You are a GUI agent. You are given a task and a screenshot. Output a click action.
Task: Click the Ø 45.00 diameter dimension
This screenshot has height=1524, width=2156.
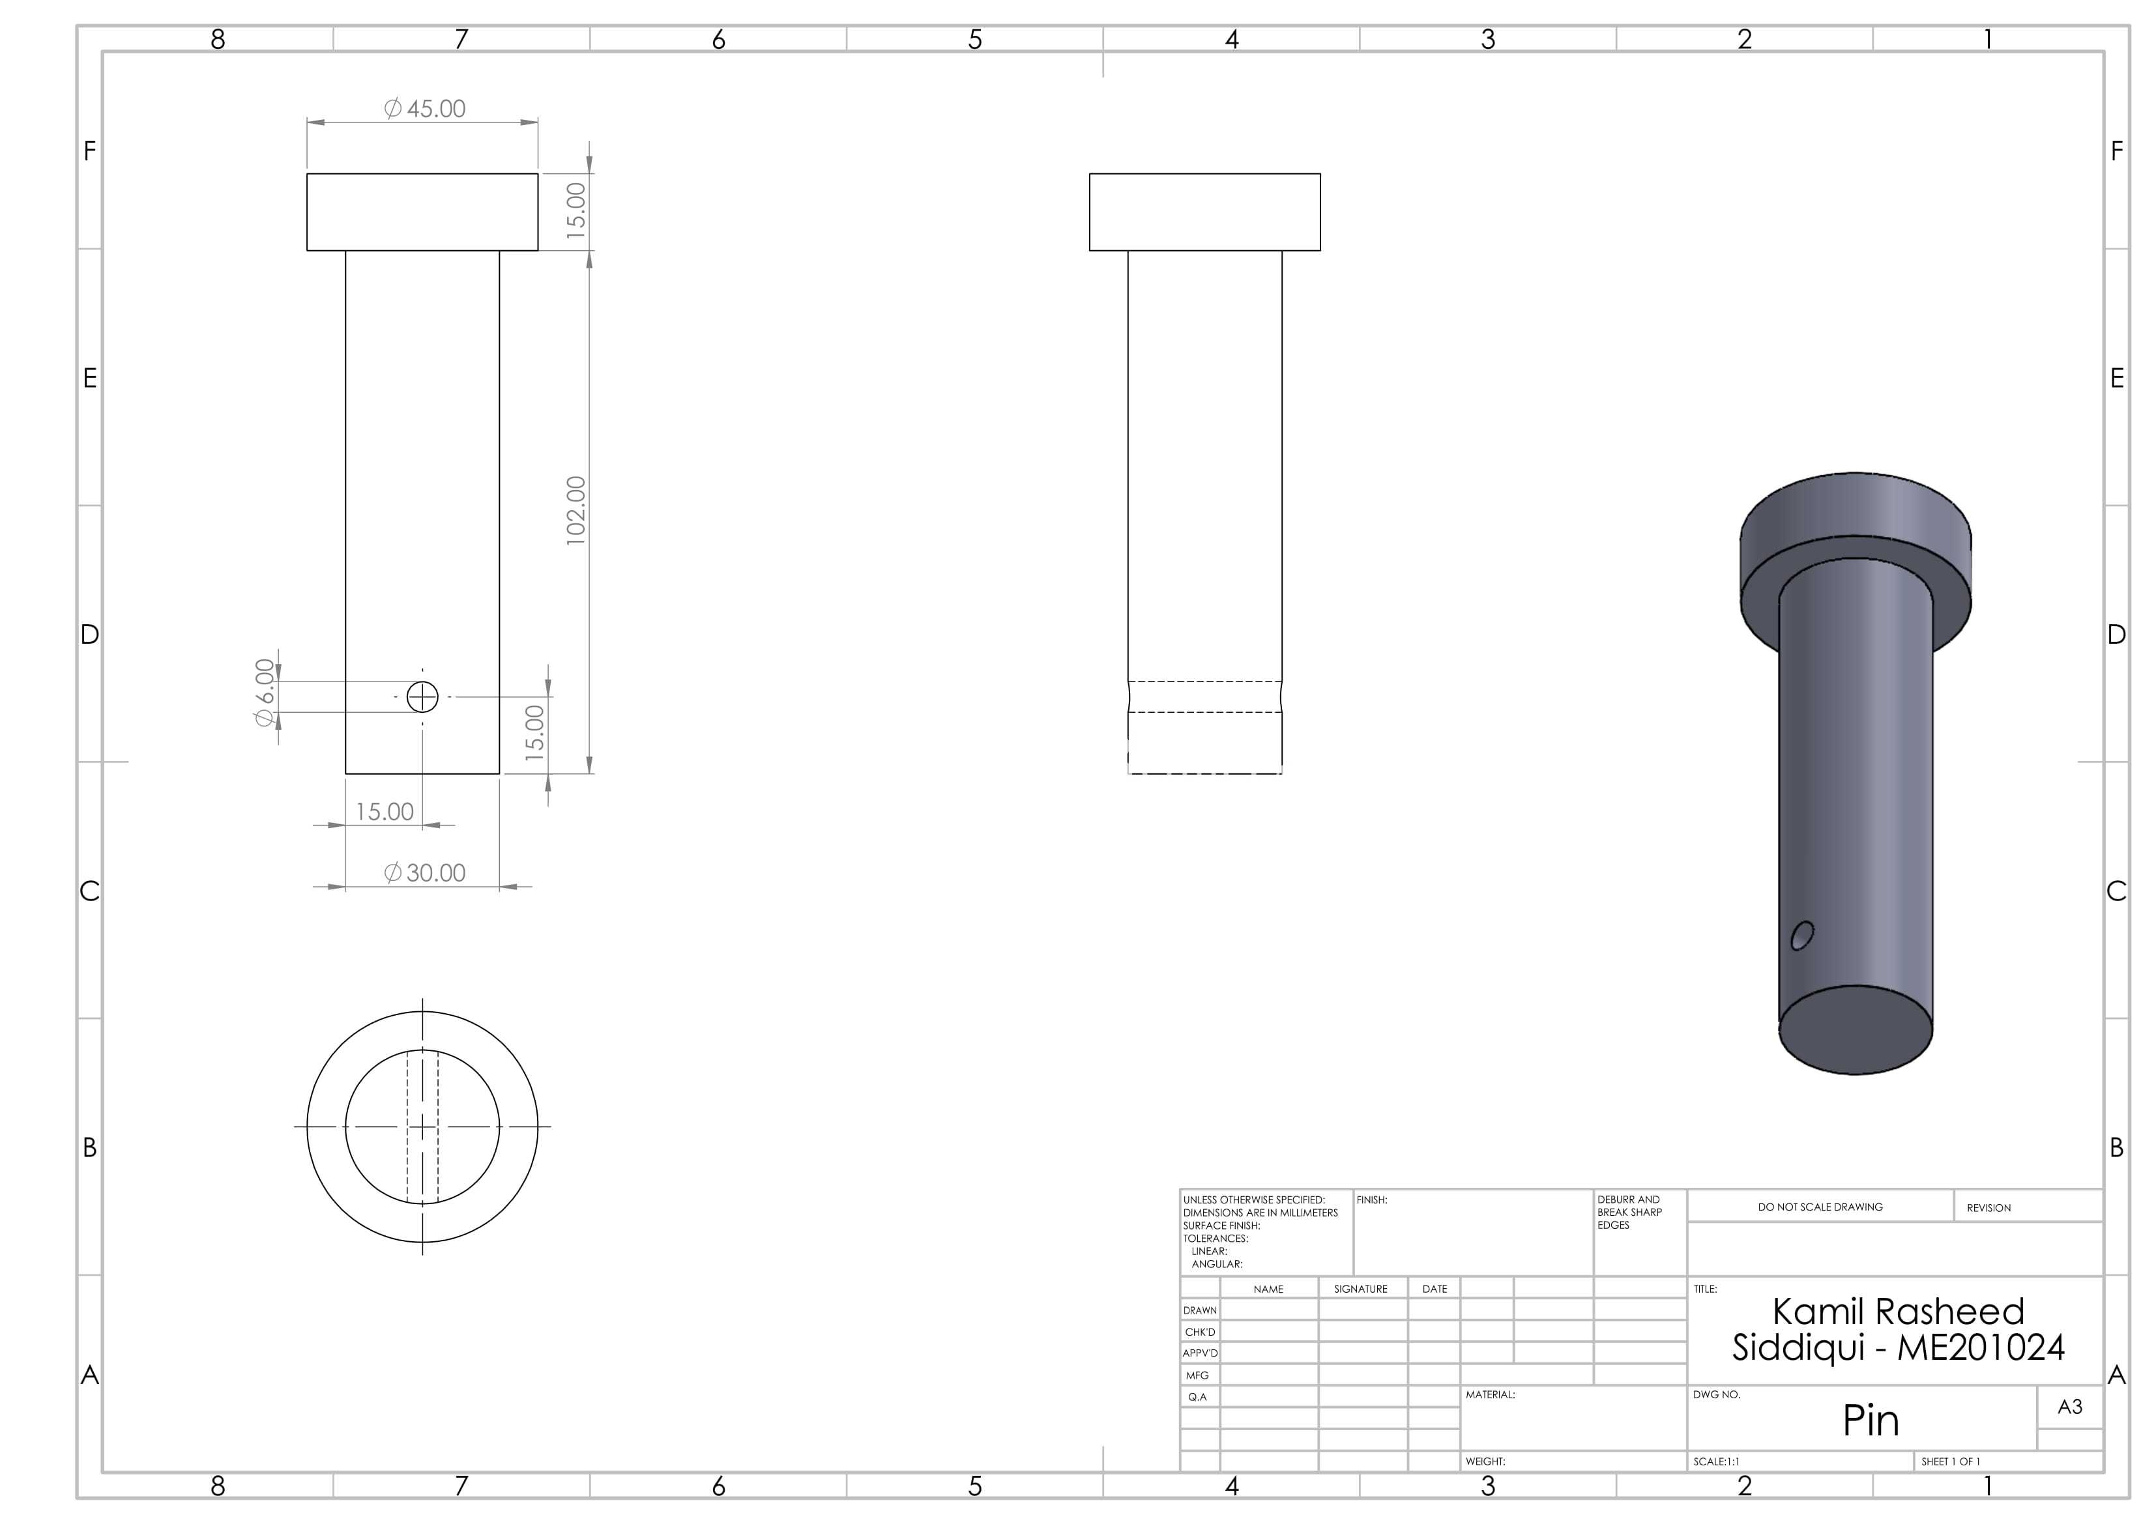click(424, 109)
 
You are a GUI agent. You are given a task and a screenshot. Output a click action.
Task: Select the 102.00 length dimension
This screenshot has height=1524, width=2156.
click(575, 511)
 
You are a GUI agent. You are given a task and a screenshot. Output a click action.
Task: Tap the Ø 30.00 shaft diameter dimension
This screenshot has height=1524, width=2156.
click(424, 873)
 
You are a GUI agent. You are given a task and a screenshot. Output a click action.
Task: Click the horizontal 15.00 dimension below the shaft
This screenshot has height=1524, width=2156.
click(384, 811)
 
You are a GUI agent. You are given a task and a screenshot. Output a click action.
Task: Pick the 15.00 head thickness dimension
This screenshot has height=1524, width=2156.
click(575, 210)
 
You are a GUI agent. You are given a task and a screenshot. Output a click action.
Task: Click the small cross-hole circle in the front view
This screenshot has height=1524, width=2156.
click(422, 697)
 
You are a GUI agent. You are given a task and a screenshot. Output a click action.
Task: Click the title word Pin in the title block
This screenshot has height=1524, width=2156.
click(1871, 1420)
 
